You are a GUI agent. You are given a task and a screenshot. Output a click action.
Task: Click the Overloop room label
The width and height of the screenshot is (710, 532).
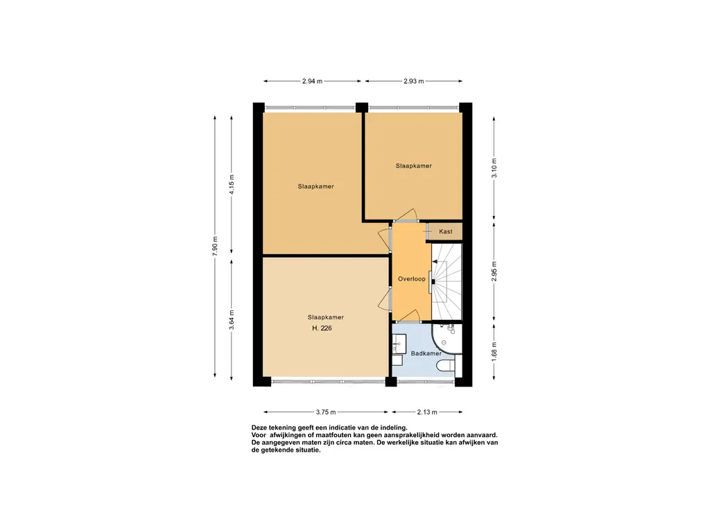click(x=412, y=279)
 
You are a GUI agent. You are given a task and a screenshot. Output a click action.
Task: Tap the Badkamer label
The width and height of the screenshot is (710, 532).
click(x=426, y=353)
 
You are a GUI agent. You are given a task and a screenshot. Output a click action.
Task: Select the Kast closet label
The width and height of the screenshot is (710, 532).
click(x=446, y=231)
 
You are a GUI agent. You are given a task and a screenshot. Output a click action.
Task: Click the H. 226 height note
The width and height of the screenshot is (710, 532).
click(x=322, y=328)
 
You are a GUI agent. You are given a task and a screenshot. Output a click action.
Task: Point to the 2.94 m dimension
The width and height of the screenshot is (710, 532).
click(x=313, y=82)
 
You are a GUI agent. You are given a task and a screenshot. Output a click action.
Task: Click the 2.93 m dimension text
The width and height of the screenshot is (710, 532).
click(x=414, y=82)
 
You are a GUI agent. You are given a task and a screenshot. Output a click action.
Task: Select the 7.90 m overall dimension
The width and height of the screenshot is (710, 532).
click(x=215, y=246)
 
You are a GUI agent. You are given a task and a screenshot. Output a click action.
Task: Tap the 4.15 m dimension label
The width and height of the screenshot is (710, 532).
click(x=232, y=184)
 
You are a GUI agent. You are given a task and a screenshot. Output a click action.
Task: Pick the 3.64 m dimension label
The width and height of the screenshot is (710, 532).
click(x=232, y=320)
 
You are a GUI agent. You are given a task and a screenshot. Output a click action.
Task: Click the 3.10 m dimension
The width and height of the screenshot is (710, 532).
click(x=494, y=168)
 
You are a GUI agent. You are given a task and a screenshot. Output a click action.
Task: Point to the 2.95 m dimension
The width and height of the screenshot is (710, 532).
click(x=494, y=272)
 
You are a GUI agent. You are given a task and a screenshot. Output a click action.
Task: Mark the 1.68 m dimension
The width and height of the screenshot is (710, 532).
click(x=494, y=351)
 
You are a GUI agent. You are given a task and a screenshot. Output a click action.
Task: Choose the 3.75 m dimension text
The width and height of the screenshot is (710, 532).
click(x=326, y=412)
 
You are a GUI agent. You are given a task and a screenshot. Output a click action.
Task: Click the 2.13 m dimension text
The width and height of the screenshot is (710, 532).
click(x=427, y=412)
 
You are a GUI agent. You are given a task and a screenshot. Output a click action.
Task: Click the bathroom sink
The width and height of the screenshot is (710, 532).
click(x=399, y=344)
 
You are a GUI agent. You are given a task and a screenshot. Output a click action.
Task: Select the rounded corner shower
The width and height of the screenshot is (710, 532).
click(x=447, y=338)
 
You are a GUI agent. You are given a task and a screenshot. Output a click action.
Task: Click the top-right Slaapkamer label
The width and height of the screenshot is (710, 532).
click(x=413, y=166)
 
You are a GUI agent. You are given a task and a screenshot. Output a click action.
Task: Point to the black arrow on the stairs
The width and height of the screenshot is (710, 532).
click(x=435, y=261)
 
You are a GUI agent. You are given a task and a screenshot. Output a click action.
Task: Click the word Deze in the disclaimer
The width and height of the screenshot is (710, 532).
click(x=259, y=427)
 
